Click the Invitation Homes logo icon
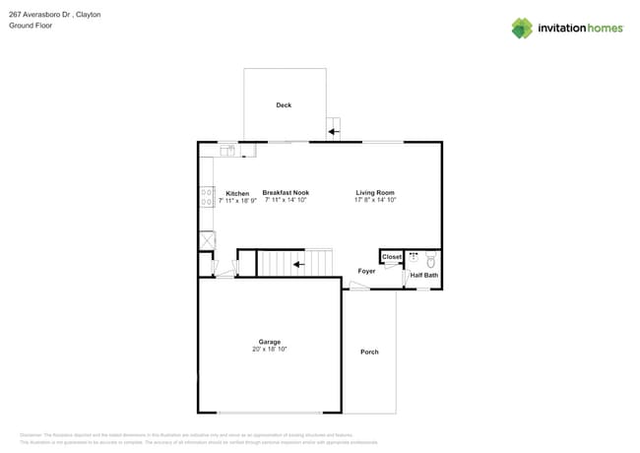pos(522,28)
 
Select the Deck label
pos(284,105)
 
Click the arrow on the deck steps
pos(334,130)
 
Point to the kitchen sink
pos(227,150)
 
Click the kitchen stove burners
pos(207,197)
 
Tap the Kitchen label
pos(237,193)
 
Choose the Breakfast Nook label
pos(286,193)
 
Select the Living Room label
pos(375,193)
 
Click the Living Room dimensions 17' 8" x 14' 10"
pos(375,200)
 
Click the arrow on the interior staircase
pos(297,264)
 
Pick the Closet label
pos(392,257)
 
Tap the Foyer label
pos(366,271)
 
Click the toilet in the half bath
pos(430,261)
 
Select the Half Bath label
pos(423,276)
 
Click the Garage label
pos(270,342)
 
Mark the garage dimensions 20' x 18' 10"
pos(270,349)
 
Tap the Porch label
pos(369,352)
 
